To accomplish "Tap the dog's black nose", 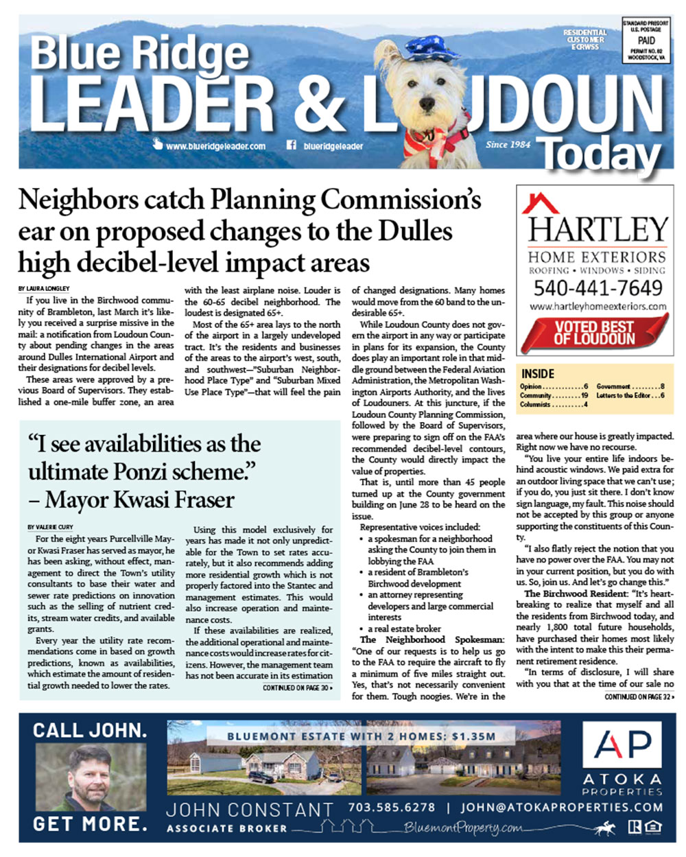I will (x=427, y=103).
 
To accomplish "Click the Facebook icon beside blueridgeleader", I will (x=290, y=145).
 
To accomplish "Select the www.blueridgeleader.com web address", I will (x=215, y=146).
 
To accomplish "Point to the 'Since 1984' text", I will (x=508, y=145).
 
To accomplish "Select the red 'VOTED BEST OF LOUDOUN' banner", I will (x=594, y=333).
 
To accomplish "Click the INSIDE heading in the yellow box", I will (x=538, y=374).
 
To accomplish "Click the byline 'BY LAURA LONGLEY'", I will (x=44, y=289).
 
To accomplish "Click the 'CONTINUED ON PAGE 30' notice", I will (x=298, y=687).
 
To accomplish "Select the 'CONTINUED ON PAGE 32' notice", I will (x=639, y=697).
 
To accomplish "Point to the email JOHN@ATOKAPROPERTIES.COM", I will (x=562, y=808).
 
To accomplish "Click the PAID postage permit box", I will (x=646, y=41).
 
